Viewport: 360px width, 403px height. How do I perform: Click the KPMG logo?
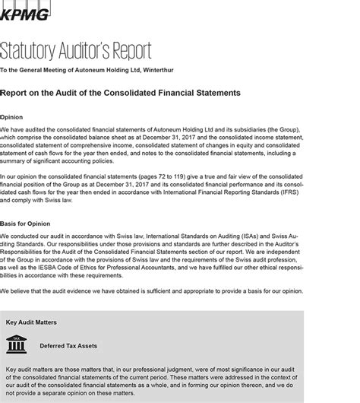pyautogui.click(x=24, y=11)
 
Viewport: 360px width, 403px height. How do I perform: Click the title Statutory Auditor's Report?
pyautogui.click(x=75, y=51)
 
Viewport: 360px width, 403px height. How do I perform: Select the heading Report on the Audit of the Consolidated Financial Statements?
pyautogui.click(x=121, y=93)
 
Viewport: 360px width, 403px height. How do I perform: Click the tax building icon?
pyautogui.click(x=14, y=344)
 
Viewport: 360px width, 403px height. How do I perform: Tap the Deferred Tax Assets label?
pyautogui.click(x=68, y=345)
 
